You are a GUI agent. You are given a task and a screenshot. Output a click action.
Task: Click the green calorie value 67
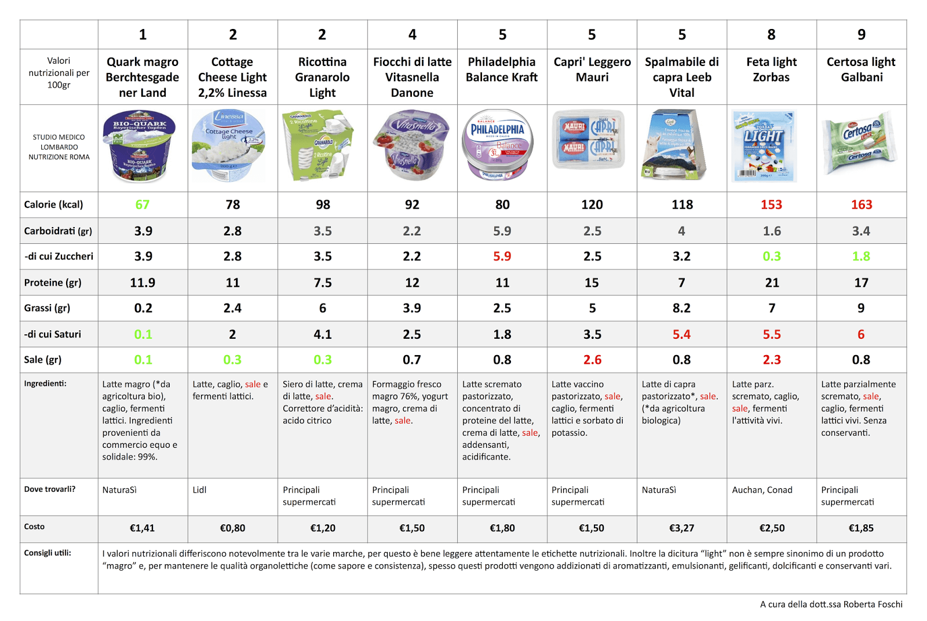click(x=143, y=204)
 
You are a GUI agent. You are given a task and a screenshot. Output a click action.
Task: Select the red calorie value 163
click(x=861, y=204)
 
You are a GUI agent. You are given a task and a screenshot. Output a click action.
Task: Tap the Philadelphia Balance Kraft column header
click(x=502, y=70)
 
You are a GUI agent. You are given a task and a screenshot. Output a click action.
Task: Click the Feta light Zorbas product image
click(x=764, y=145)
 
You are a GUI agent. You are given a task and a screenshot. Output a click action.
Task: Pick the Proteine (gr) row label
click(x=53, y=283)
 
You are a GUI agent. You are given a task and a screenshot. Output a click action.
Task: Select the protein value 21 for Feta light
click(x=772, y=283)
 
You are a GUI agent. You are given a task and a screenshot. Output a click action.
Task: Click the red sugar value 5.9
click(x=502, y=256)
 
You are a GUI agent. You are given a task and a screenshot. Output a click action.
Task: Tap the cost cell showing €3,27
click(x=681, y=528)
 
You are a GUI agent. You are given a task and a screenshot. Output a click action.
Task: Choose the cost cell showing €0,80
click(x=232, y=528)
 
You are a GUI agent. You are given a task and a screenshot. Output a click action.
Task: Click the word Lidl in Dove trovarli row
click(x=199, y=490)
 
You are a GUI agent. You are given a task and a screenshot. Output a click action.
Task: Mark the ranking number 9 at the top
click(x=861, y=35)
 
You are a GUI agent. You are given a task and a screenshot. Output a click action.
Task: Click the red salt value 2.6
click(x=592, y=360)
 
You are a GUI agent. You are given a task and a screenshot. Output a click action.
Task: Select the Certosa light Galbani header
click(x=861, y=70)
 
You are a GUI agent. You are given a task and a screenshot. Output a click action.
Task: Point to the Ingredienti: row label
click(x=45, y=383)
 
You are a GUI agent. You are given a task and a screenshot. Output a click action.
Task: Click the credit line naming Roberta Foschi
click(x=831, y=604)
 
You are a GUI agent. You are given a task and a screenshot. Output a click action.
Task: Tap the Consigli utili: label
click(x=48, y=553)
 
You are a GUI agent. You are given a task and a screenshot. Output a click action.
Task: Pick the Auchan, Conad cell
click(x=762, y=490)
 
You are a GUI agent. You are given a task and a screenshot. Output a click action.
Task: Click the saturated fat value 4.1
click(x=322, y=334)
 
